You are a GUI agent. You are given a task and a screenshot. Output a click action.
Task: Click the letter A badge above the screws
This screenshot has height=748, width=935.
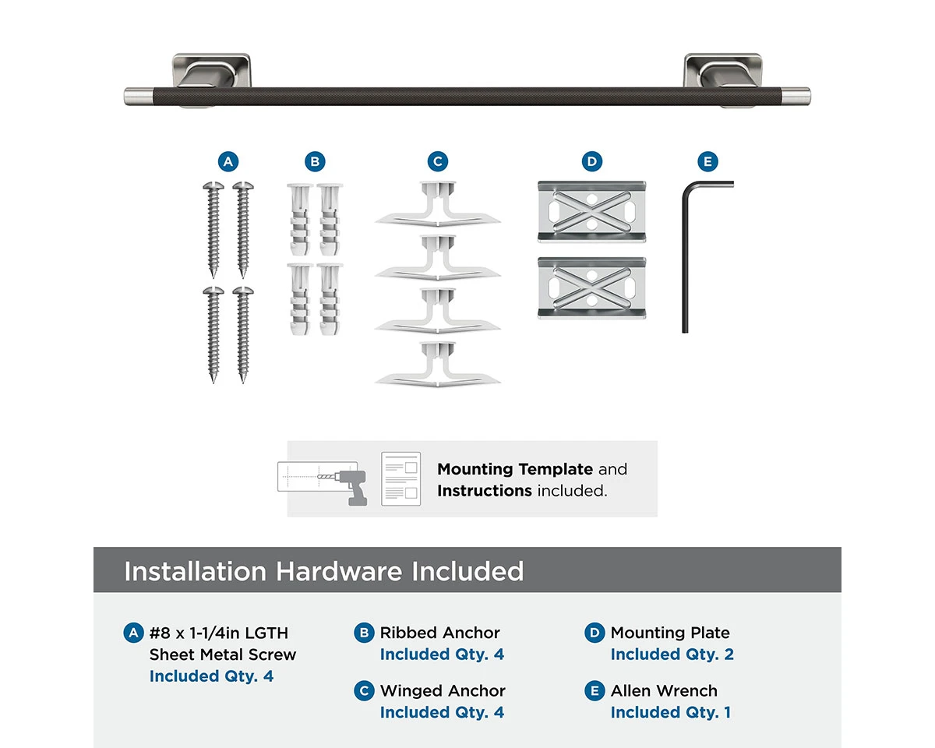(228, 162)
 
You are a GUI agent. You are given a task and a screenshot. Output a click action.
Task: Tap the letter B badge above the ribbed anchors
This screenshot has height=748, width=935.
(315, 162)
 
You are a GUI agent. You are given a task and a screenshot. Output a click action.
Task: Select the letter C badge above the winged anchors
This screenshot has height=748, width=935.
(438, 162)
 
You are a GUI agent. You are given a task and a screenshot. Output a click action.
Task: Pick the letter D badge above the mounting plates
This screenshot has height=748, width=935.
(592, 162)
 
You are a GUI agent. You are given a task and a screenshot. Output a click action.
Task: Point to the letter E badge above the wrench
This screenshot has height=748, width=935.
(707, 162)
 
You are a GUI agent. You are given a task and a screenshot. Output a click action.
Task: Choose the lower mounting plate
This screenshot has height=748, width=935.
(591, 288)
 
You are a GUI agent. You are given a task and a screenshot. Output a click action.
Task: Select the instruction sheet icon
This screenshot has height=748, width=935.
(401, 478)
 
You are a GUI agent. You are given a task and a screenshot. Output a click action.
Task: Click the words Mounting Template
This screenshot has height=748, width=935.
(515, 469)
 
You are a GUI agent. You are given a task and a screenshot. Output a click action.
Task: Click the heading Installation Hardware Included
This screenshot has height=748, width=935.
(323, 571)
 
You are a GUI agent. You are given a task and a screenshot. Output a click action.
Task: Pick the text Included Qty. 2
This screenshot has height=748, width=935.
(672, 654)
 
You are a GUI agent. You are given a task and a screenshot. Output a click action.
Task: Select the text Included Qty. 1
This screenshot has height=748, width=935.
(670, 712)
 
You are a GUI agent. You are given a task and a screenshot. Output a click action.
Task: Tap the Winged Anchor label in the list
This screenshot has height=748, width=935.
(443, 690)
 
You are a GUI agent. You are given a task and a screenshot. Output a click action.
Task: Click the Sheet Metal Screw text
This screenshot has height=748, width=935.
(223, 654)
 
